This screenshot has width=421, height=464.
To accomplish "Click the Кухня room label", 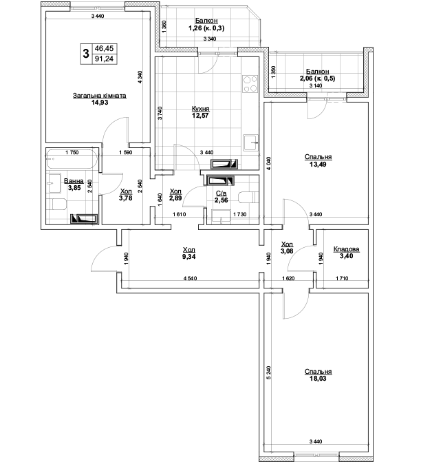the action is pyautogui.click(x=200, y=109).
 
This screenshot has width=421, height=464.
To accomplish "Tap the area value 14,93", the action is pyautogui.click(x=100, y=103).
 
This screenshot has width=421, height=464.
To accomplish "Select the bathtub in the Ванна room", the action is pyautogui.click(x=72, y=160).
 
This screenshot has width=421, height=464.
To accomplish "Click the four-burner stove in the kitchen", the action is pyautogui.click(x=250, y=84).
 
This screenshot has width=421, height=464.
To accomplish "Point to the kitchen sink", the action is pyautogui.click(x=250, y=143).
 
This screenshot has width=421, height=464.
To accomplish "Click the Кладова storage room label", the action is pyautogui.click(x=346, y=249).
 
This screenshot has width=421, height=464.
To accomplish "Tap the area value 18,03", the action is pyautogui.click(x=318, y=379).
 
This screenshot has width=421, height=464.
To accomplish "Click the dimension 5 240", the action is pyautogui.click(x=268, y=373).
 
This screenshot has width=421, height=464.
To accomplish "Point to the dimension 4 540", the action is pyautogui.click(x=190, y=278).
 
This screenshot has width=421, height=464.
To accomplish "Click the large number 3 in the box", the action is pyautogui.click(x=86, y=54).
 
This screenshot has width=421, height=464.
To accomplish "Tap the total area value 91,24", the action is pyautogui.click(x=104, y=59).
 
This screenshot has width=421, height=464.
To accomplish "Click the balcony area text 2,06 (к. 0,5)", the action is pyautogui.click(x=318, y=78).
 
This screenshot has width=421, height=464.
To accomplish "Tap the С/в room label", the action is pyautogui.click(x=221, y=193).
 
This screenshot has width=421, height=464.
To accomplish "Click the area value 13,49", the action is pyautogui.click(x=318, y=165).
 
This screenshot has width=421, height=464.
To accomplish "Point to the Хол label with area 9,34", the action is pyautogui.click(x=189, y=250).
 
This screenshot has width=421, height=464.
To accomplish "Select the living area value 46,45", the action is pyautogui.click(x=104, y=48).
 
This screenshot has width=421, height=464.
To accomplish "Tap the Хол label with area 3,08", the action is pyautogui.click(x=287, y=244).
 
